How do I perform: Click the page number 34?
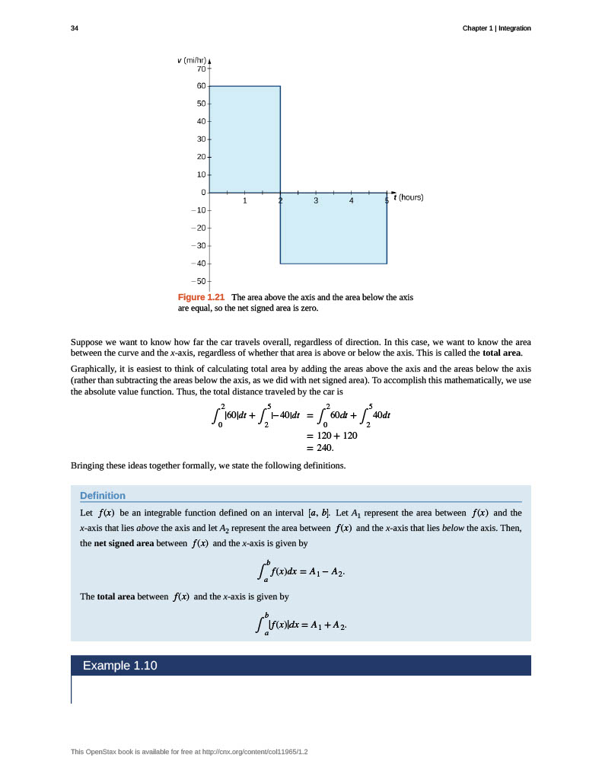[74, 28]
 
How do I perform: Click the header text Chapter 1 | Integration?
[496, 28]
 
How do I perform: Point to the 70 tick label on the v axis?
[202, 69]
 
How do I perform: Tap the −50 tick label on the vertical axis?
[199, 282]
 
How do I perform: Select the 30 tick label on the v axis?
[202, 139]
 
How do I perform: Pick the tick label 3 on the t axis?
[315, 202]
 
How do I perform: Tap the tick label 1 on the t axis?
[244, 202]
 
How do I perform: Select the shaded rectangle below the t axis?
[333, 228]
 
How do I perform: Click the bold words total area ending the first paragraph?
[502, 353]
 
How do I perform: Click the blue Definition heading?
[103, 495]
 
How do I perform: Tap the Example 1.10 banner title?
[119, 666]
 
